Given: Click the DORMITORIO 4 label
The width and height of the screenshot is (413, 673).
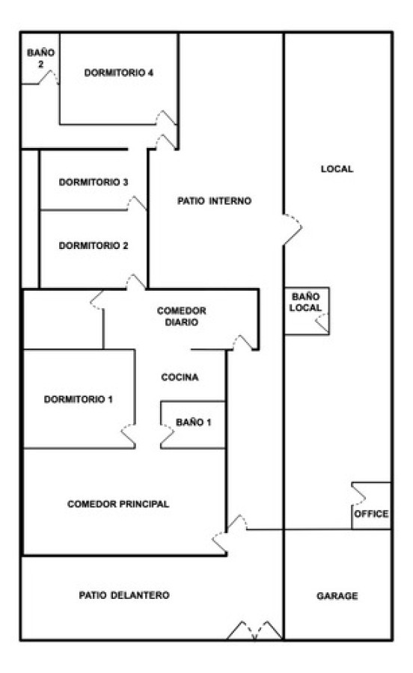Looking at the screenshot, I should pos(119,73).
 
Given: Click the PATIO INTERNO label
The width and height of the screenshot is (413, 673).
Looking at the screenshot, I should pos(214,201).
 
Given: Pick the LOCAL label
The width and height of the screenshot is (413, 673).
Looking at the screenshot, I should pos(336,169).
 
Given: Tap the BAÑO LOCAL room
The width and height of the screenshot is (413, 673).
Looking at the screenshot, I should pos(305,303).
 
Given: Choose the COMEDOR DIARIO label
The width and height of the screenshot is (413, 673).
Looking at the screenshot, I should pos(182,316).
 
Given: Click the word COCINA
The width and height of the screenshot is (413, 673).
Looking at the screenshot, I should pos(180,378).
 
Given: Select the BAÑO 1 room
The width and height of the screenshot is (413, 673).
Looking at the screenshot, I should pos(194,422).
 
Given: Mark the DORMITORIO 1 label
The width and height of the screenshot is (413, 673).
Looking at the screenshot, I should pos(78,399).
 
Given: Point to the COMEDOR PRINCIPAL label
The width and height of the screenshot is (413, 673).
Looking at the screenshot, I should pos(118,504).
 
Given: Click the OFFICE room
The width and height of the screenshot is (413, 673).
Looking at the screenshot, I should pos(371,514).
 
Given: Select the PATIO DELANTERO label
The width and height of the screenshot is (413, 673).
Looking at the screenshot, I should pos(124,595).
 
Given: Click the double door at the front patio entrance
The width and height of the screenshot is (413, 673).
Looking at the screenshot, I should pos(255,630).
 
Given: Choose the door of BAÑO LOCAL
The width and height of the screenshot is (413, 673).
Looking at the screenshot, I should pos(322,323).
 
